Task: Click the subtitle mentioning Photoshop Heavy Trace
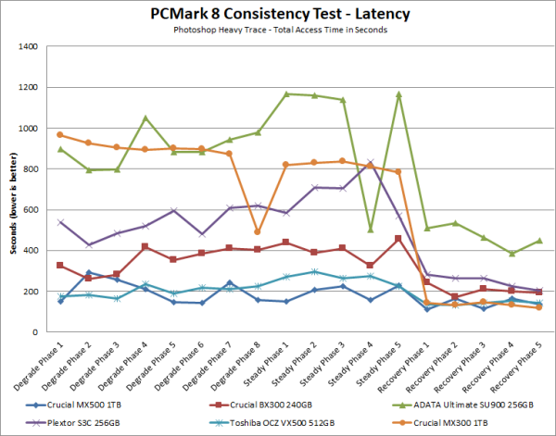pos(278,31)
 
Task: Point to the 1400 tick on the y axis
pos(37,47)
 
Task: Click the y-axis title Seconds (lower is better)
pos(13,190)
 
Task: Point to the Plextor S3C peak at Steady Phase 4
pos(371,163)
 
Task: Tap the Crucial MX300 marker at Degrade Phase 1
pos(60,135)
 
